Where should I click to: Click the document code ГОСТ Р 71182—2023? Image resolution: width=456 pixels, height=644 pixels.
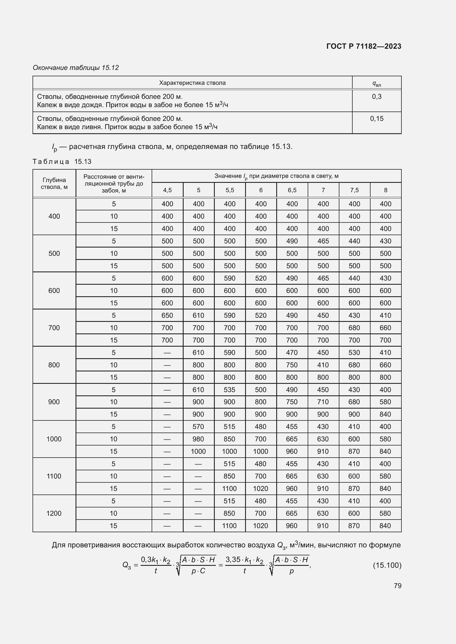coord(364,46)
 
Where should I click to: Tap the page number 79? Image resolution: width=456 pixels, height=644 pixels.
coord(397,586)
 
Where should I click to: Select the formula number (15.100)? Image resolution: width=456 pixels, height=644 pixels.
coord(387,565)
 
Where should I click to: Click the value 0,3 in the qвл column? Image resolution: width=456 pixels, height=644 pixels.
coord(377,97)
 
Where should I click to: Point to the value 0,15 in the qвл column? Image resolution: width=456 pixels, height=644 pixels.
coord(377,119)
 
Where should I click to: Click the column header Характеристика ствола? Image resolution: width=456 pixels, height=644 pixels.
coord(192,83)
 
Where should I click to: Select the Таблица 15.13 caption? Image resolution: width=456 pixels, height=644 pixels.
coord(62,162)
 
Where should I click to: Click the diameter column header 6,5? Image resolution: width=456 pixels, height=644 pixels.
coord(292,190)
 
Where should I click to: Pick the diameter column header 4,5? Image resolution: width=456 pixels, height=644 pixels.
coord(167,190)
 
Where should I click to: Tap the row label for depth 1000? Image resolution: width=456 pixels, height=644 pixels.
coord(54,439)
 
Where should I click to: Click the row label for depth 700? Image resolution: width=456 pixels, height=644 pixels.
coord(54,328)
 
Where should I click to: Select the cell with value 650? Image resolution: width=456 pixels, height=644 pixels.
coord(167,315)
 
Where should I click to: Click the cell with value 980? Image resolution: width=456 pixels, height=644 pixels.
coord(198,439)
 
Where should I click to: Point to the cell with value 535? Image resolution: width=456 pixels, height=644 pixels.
coord(229,390)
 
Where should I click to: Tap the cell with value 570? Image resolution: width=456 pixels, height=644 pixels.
coord(198,426)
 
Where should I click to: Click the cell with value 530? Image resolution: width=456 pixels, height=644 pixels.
coord(354,353)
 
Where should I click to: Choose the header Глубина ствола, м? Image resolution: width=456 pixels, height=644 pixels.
coord(54,183)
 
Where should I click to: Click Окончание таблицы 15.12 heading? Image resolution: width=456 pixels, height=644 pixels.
coord(76,68)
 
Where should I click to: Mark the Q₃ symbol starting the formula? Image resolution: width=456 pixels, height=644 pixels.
coord(127,565)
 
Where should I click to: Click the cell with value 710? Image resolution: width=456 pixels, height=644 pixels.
coord(323,402)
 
